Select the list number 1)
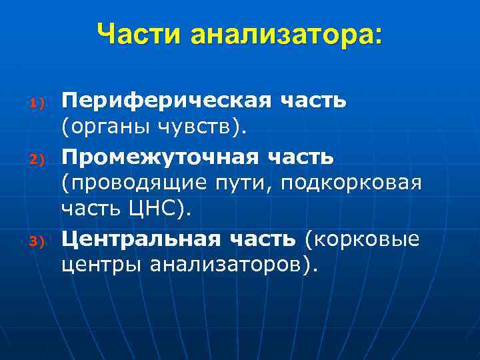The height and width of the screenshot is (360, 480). pos(36,104)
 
